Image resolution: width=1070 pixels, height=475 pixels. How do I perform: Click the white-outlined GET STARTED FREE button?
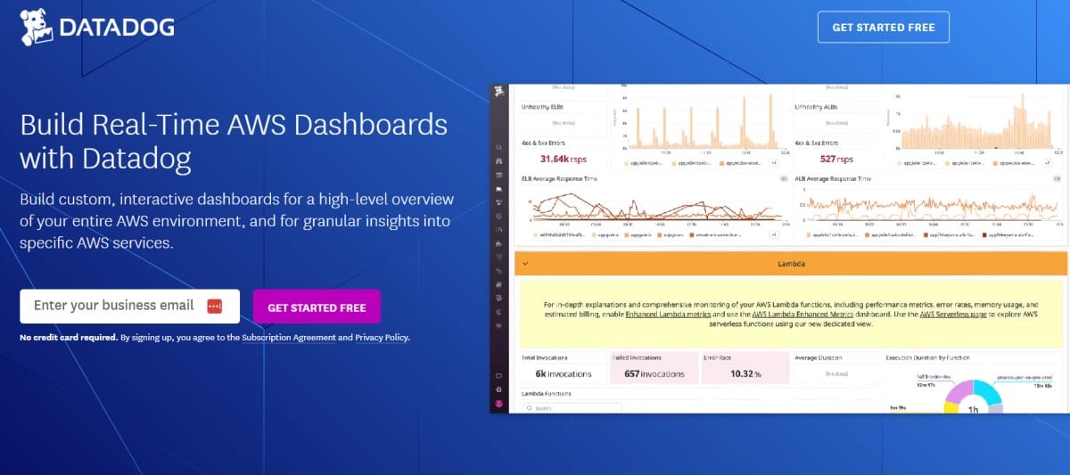(883, 28)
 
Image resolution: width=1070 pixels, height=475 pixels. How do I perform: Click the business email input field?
(113, 306)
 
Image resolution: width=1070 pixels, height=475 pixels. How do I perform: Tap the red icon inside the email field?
(214, 307)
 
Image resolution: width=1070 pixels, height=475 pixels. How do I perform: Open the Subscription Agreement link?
(288, 338)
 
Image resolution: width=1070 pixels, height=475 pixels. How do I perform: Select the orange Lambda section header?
(792, 264)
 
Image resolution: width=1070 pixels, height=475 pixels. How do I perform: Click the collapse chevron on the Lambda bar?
(525, 264)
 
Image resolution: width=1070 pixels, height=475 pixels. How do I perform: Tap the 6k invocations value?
(564, 373)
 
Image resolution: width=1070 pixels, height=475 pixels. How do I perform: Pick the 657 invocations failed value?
(654, 373)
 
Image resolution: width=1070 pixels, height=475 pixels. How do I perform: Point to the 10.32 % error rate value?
(745, 373)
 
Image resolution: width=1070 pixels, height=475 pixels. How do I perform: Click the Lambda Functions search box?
(571, 408)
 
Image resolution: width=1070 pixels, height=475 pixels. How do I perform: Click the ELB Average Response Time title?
(561, 178)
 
